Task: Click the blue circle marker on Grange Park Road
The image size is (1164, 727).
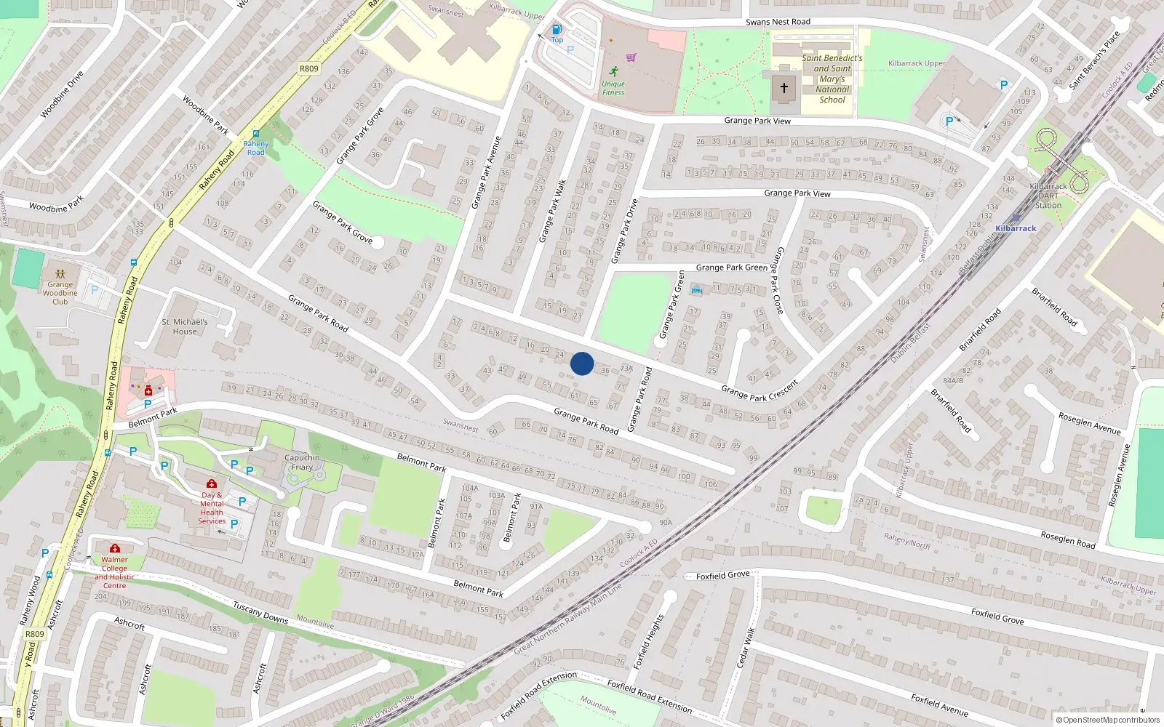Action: tap(582, 363)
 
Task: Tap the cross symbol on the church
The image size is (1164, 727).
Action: tap(784, 88)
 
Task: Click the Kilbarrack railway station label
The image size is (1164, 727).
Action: tap(1016, 228)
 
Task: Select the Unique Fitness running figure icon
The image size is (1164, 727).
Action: tap(614, 71)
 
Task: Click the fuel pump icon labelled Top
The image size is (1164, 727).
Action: tap(557, 30)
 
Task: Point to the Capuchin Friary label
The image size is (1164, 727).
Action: tap(302, 462)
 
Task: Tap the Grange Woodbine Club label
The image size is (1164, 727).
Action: tap(60, 293)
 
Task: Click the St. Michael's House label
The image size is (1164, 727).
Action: tap(185, 326)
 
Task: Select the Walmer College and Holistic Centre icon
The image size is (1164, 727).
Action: tap(115, 548)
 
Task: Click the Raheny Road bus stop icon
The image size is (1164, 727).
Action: tap(256, 134)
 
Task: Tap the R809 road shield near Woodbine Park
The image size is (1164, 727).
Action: tap(309, 68)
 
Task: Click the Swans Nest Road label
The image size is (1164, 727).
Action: tap(778, 22)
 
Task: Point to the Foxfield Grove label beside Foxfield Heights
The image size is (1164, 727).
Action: tap(722, 576)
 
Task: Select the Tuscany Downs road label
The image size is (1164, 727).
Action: tap(260, 612)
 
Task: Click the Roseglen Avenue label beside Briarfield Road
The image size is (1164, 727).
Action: tap(1089, 423)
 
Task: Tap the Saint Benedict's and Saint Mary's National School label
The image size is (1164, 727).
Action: tap(832, 79)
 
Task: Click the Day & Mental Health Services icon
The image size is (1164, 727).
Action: tap(212, 483)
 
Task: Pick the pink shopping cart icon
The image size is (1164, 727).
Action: tap(631, 57)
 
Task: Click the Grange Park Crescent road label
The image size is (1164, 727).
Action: tap(760, 390)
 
